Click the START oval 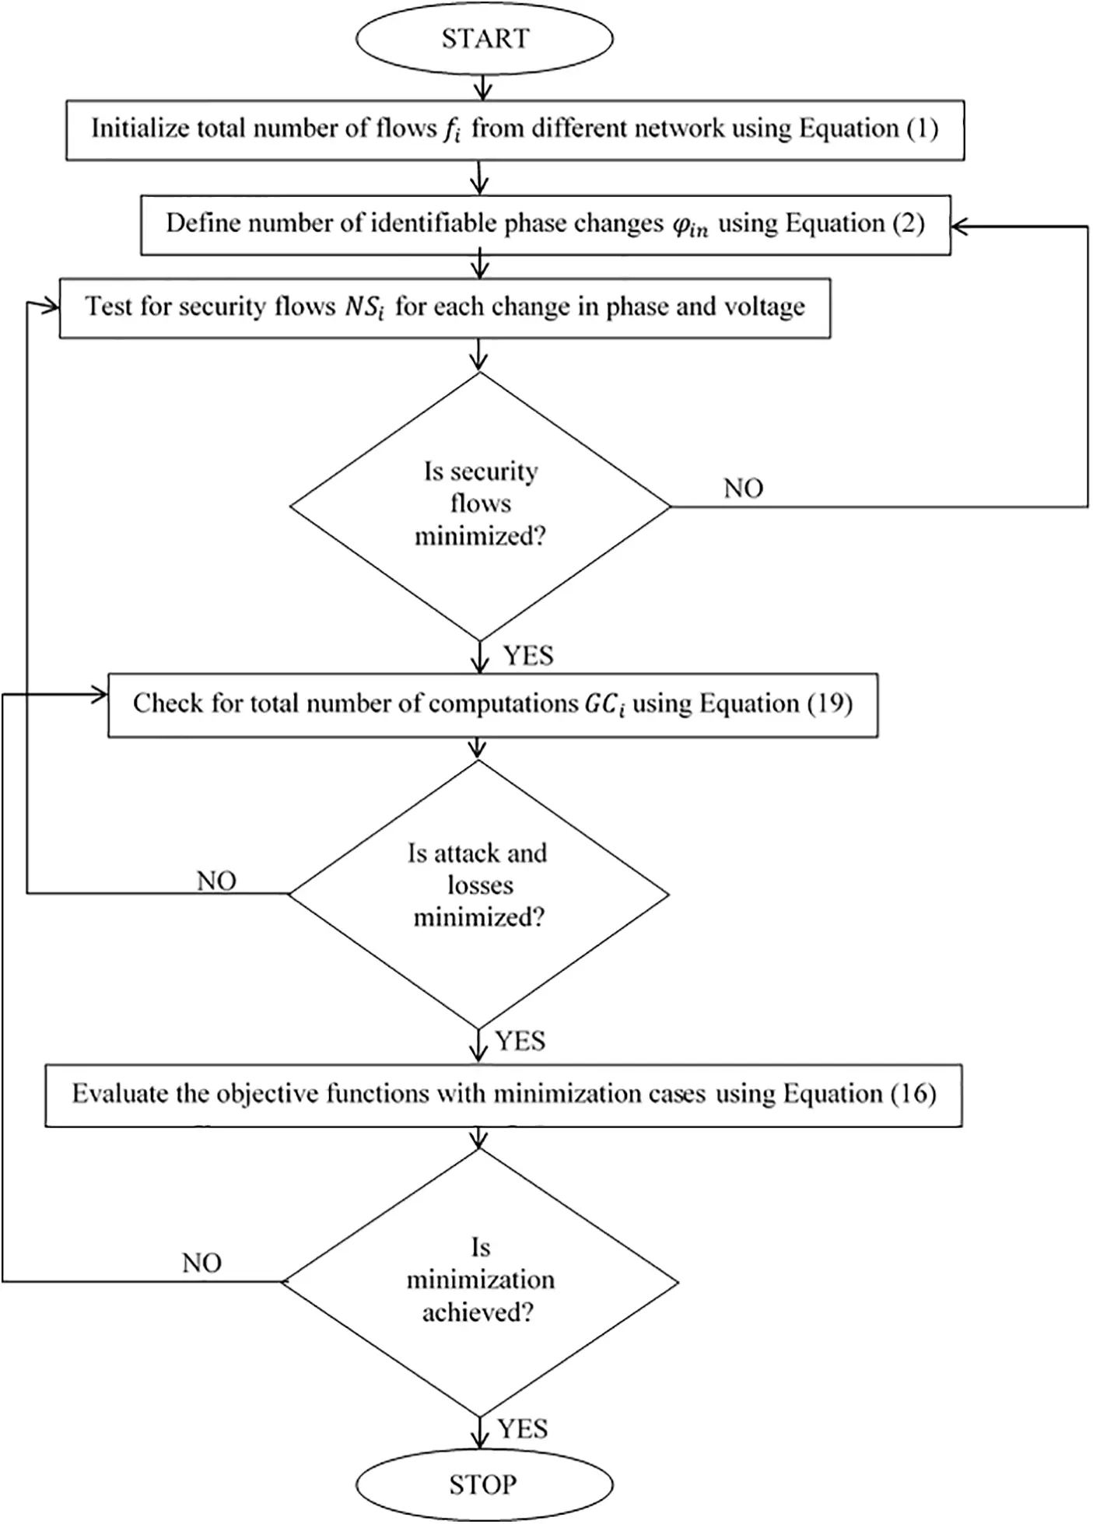484,39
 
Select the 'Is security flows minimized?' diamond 480,506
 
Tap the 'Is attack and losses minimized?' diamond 478,894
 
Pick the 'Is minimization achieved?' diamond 480,1281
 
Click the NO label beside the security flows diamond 743,489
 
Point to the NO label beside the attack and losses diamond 216,881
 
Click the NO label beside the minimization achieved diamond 201,1263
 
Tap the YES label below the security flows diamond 529,656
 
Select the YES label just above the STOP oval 523,1429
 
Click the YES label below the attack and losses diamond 520,1041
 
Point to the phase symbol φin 688,226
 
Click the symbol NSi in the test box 365,307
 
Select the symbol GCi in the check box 604,705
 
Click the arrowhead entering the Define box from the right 958,226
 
